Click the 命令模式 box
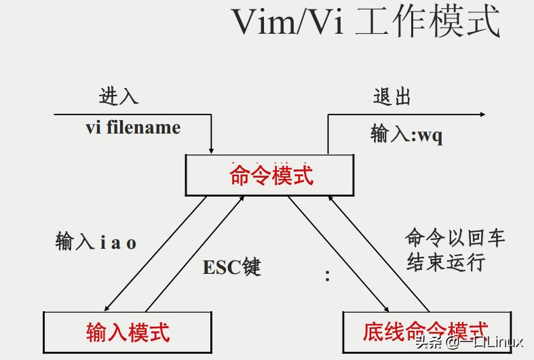click(269, 175)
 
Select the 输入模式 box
click(127, 332)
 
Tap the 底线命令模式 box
click(425, 331)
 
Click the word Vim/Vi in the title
click(287, 22)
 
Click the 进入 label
click(119, 96)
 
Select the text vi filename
click(133, 127)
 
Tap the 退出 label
click(392, 96)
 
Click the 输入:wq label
click(406, 134)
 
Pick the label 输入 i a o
click(96, 242)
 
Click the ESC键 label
click(231, 267)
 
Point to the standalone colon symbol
click(327, 276)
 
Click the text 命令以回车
click(455, 237)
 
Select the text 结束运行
click(446, 262)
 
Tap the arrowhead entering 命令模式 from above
click(212, 150)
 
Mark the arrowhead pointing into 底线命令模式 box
click(385, 307)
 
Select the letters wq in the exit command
click(430, 135)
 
